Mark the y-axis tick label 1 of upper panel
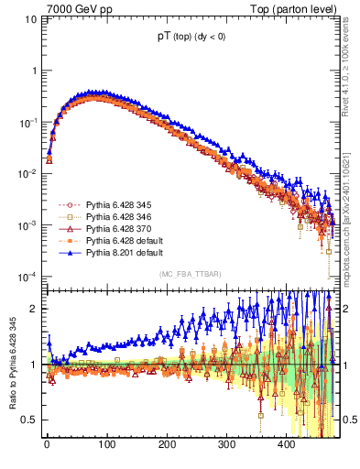click(x=35, y=71)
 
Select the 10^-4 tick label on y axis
click(x=29, y=277)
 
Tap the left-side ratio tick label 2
click(x=35, y=309)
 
